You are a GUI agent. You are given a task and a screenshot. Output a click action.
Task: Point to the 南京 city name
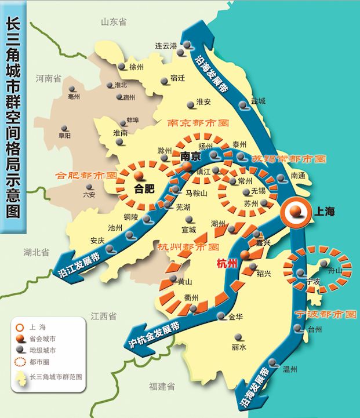click(x=191, y=156)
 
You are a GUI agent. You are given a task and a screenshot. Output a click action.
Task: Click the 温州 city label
click(x=289, y=369)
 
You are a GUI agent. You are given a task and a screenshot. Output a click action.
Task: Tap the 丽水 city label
click(x=239, y=347)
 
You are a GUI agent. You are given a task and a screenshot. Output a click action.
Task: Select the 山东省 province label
click(x=114, y=22)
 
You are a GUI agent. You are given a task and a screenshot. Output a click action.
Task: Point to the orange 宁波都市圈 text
click(x=325, y=315)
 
